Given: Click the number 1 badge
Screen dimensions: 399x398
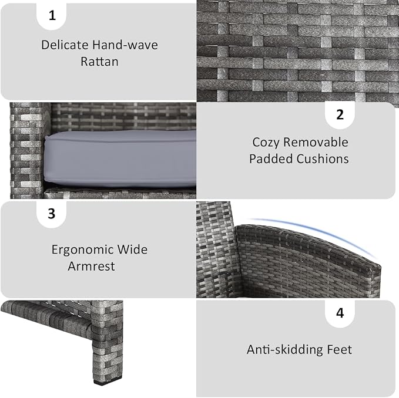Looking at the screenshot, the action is pos(52,16).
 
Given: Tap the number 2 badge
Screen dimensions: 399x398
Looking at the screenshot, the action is pos(340,115).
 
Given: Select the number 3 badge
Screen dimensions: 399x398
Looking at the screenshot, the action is pos(51,214).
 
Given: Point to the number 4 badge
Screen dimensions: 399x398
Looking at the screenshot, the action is pos(340,313).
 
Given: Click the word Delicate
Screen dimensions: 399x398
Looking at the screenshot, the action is pos(65,45).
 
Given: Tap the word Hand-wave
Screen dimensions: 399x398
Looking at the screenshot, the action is pos(125,45).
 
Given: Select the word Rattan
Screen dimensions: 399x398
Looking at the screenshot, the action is pos(99,62).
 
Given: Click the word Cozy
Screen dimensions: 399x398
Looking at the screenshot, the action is pos(266,143).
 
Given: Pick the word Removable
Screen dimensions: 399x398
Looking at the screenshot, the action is pos(316,142).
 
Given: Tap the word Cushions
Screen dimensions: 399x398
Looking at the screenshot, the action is pos(323,159).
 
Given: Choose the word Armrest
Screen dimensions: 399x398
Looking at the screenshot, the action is pos(91,266).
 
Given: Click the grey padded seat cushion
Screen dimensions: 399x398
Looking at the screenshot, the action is pos(120,159).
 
